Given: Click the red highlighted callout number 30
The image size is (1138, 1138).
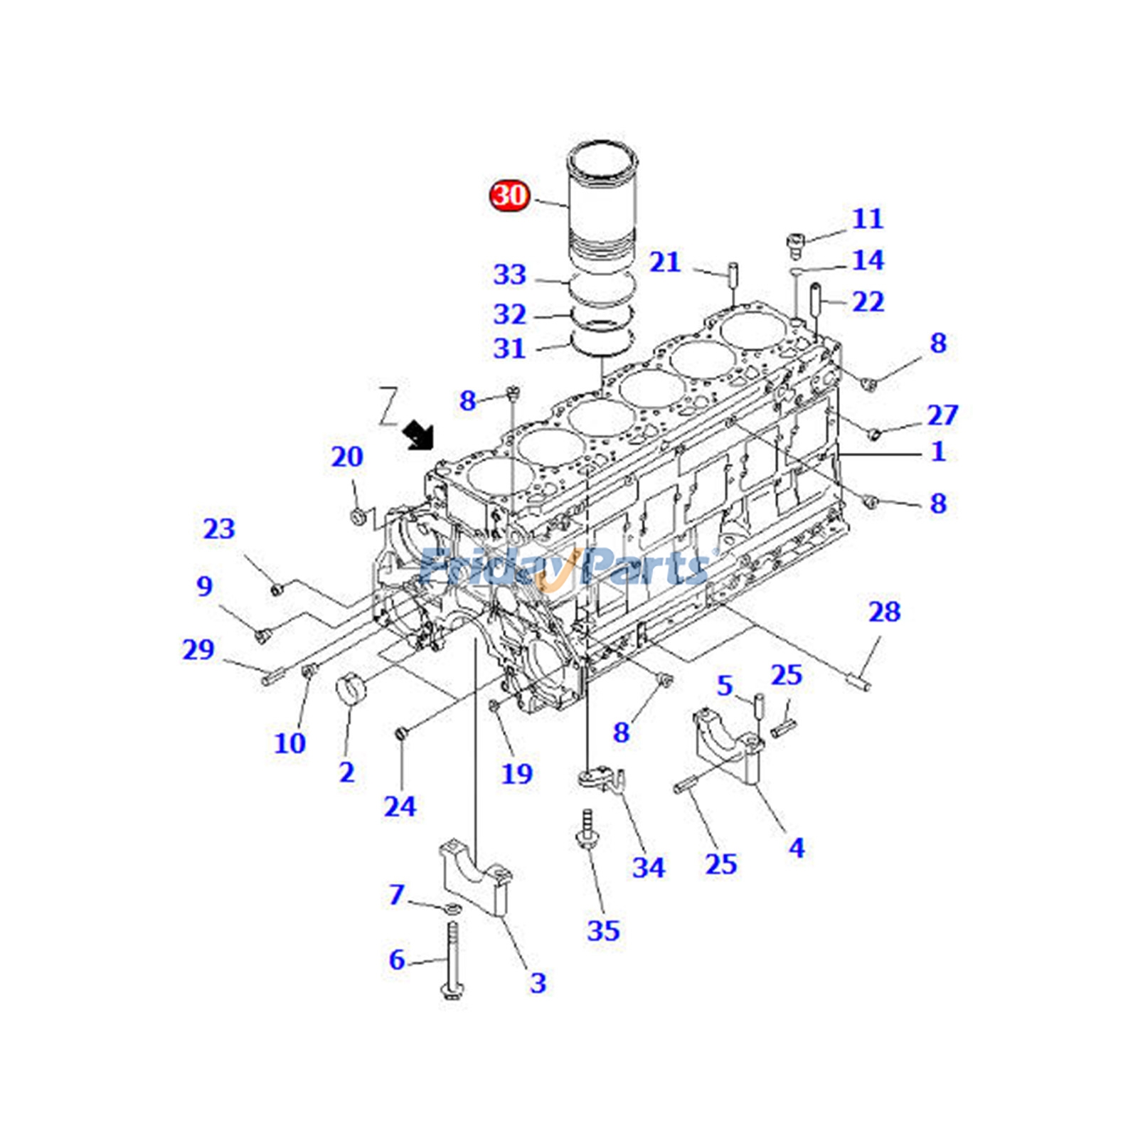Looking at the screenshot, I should tap(509, 195).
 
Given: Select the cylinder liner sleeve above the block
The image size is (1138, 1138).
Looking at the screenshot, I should tap(602, 206).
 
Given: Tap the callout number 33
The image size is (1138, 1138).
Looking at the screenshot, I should tap(510, 275).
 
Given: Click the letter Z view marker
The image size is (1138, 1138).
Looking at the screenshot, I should tap(388, 406).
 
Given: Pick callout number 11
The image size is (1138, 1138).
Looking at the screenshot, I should tap(868, 218).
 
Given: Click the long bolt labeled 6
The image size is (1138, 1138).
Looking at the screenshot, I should tap(452, 960).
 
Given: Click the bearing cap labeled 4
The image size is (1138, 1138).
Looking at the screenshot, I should tap(729, 744).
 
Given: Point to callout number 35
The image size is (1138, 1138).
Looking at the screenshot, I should tap(603, 930).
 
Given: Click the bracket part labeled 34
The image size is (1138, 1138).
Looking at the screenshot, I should tap(602, 778).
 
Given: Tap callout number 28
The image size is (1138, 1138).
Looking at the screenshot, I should tap(884, 611).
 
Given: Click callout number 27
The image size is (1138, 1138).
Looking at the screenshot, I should tap(942, 415).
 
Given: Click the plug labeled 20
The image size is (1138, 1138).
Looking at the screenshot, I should tap(359, 516).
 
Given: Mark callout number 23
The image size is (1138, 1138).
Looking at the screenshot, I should tap(219, 528).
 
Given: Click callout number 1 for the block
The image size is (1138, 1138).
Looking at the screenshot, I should tap(938, 451).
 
